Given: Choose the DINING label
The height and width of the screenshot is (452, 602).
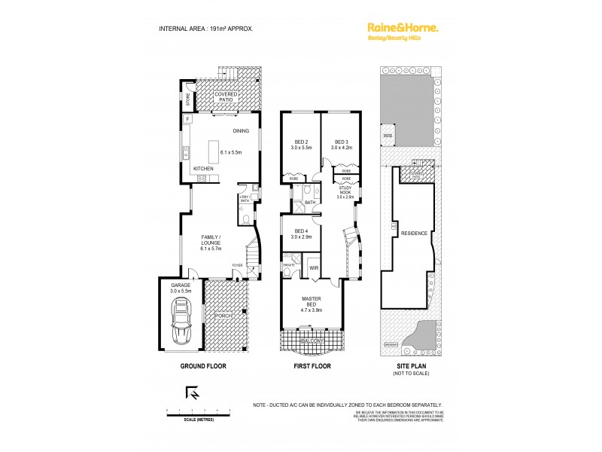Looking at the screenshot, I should point(241,131).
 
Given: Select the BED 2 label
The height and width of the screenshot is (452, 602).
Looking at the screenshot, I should point(301,142).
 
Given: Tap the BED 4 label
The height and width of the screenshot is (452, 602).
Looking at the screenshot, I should point(301,233).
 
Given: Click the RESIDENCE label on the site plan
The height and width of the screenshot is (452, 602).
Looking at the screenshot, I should point(414,233).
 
